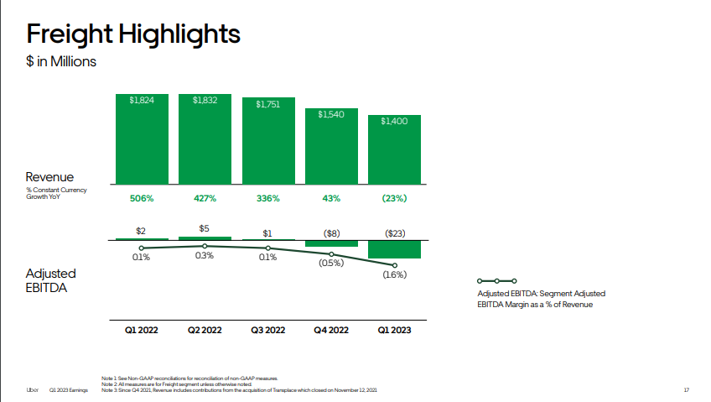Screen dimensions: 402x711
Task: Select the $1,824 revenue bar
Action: (x=142, y=138)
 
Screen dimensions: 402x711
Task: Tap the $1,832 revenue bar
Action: (x=205, y=138)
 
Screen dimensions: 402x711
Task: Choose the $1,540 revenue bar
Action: (x=331, y=146)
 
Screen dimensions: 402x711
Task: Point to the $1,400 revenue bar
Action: (x=394, y=149)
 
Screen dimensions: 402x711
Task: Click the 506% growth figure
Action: (x=142, y=198)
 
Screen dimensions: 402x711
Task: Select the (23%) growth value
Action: (x=394, y=198)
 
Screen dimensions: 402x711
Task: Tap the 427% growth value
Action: (x=205, y=198)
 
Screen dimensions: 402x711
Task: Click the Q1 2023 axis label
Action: (x=394, y=331)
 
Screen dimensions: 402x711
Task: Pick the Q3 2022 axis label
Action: (x=267, y=331)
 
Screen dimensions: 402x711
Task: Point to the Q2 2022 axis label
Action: (x=205, y=331)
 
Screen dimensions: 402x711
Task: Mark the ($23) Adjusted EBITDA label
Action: (x=394, y=232)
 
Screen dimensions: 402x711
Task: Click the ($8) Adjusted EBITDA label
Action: (x=331, y=232)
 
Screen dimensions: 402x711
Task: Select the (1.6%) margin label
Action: (x=394, y=274)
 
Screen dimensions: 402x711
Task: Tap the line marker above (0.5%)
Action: (x=331, y=253)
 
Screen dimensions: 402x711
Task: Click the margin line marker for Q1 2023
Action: (x=394, y=265)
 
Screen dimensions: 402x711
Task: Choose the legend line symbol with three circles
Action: (x=496, y=280)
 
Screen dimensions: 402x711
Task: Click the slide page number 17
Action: (x=686, y=390)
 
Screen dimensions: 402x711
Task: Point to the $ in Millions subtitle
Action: (x=61, y=61)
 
